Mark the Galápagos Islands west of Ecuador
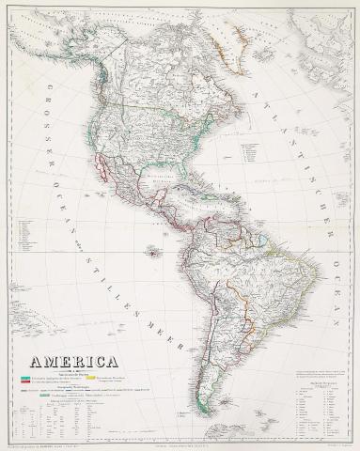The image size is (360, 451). (153, 251)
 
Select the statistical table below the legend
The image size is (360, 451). (66, 418)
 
